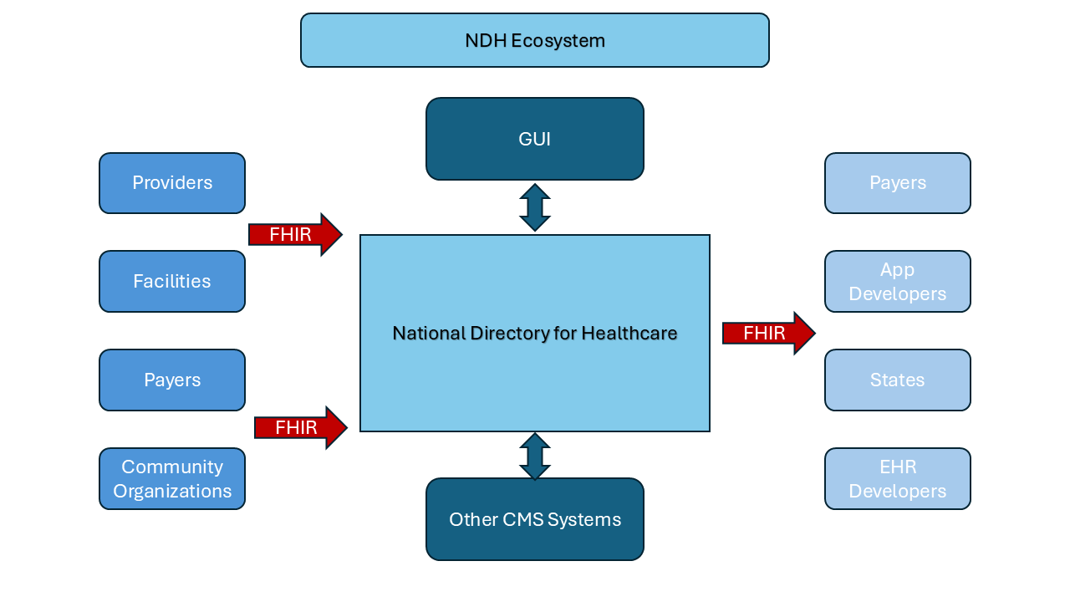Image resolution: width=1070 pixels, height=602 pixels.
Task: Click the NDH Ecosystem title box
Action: [534, 40]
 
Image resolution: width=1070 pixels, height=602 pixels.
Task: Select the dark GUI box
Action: [534, 139]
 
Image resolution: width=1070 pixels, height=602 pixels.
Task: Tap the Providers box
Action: [172, 183]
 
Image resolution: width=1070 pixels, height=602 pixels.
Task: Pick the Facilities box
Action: [172, 282]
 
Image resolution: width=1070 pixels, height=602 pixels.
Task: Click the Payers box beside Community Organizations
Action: [172, 380]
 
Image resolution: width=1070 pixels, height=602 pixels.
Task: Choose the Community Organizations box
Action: [172, 479]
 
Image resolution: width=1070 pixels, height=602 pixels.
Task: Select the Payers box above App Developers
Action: [897, 183]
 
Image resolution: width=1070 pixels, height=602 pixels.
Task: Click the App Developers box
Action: [897, 282]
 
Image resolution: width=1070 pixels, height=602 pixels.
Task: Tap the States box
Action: [897, 380]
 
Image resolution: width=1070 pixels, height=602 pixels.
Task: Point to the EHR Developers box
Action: [897, 479]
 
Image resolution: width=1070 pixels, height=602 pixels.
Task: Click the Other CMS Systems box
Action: [534, 519]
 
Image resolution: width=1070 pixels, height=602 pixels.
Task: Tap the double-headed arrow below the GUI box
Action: [534, 207]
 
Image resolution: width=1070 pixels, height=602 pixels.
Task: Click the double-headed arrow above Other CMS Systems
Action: [534, 456]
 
